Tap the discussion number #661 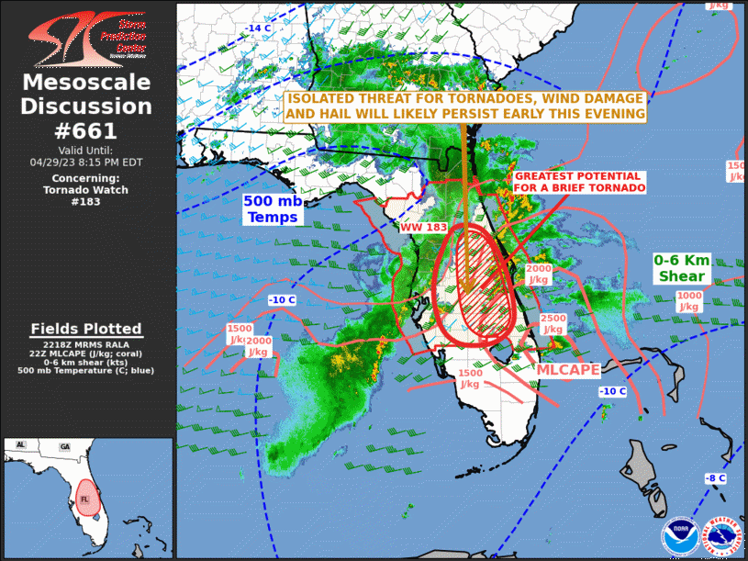[x=86, y=129]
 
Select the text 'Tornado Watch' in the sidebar [x=86, y=190]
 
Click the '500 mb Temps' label [x=272, y=209]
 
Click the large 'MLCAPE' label [x=568, y=369]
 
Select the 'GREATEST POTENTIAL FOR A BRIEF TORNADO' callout [x=578, y=182]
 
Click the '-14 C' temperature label [x=258, y=28]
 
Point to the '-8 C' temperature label [x=714, y=478]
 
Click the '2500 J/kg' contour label [x=553, y=323]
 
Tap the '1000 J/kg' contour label [x=688, y=301]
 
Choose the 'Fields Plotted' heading [x=86, y=329]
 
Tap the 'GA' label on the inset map [x=64, y=446]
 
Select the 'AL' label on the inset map [x=20, y=444]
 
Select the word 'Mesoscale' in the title [x=86, y=83]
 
